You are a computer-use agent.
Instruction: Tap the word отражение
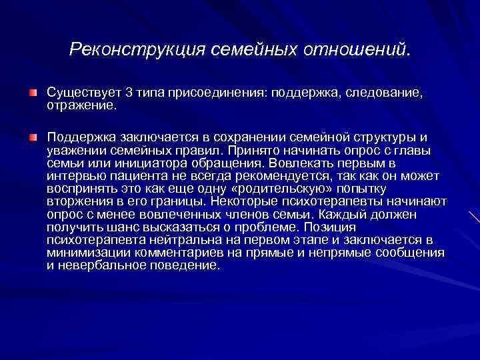click(81, 105)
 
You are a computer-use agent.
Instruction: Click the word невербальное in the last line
click(97, 265)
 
